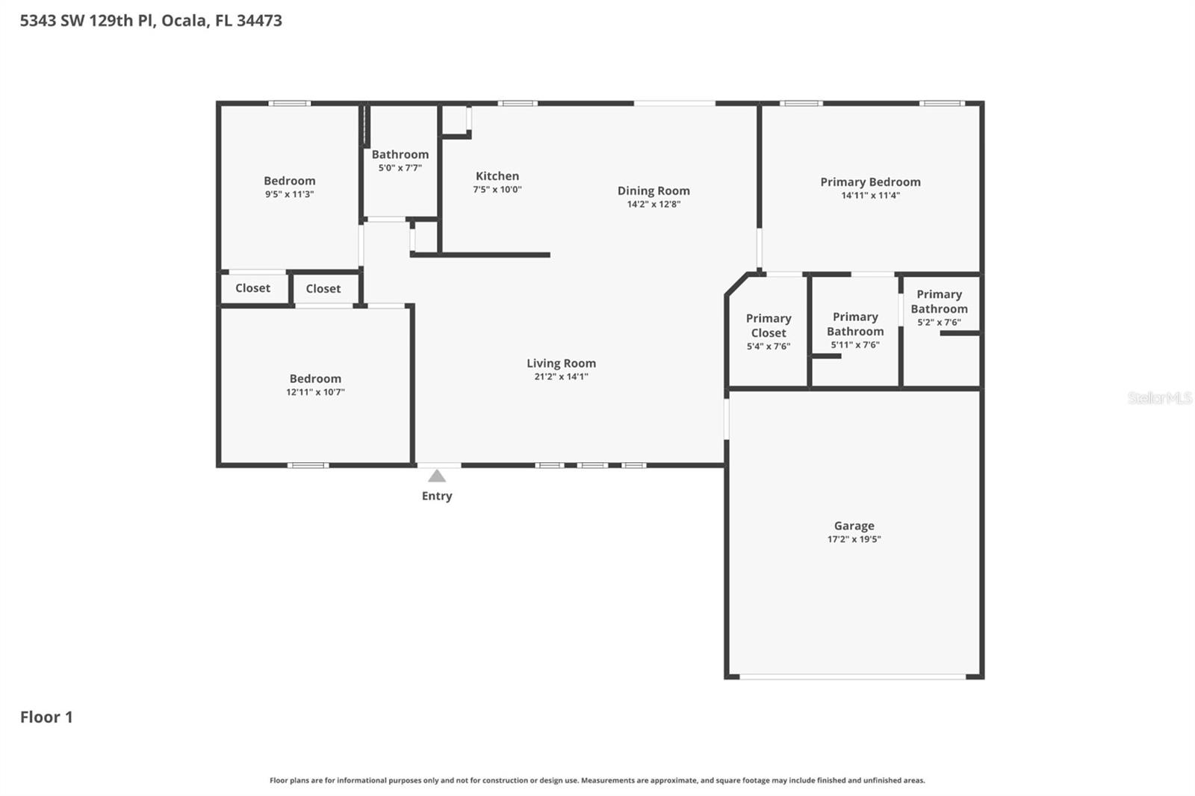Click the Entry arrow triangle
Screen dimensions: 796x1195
pyautogui.click(x=437, y=476)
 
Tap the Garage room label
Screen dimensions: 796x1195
pyautogui.click(x=854, y=526)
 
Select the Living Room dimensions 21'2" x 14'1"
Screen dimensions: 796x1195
pyautogui.click(x=561, y=377)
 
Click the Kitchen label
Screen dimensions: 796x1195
pyautogui.click(x=497, y=176)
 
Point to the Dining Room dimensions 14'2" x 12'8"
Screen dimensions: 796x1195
pyautogui.click(x=654, y=205)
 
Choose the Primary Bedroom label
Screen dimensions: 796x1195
pyautogui.click(x=870, y=182)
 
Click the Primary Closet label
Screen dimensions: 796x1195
pyautogui.click(x=768, y=326)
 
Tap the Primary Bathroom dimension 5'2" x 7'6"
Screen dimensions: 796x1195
pyautogui.click(x=939, y=323)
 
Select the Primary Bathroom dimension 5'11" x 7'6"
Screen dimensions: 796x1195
pyautogui.click(x=855, y=345)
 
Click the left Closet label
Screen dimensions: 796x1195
pyautogui.click(x=252, y=288)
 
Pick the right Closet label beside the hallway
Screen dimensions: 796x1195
pyautogui.click(x=323, y=289)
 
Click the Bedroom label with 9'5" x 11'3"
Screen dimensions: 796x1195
pyautogui.click(x=289, y=181)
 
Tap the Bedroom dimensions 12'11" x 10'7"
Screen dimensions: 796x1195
pyautogui.click(x=315, y=392)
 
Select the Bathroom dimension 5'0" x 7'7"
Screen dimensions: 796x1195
pyautogui.click(x=400, y=168)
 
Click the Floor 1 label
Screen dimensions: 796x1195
pyautogui.click(x=46, y=717)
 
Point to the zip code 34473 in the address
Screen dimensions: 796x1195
pyautogui.click(x=259, y=21)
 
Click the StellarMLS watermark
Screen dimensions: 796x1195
pyautogui.click(x=1159, y=398)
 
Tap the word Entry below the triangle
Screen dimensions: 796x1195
pyautogui.click(x=437, y=496)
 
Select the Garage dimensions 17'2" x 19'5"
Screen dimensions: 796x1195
pyautogui.click(x=854, y=539)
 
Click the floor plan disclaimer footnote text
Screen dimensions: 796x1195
pyautogui.click(x=597, y=780)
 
